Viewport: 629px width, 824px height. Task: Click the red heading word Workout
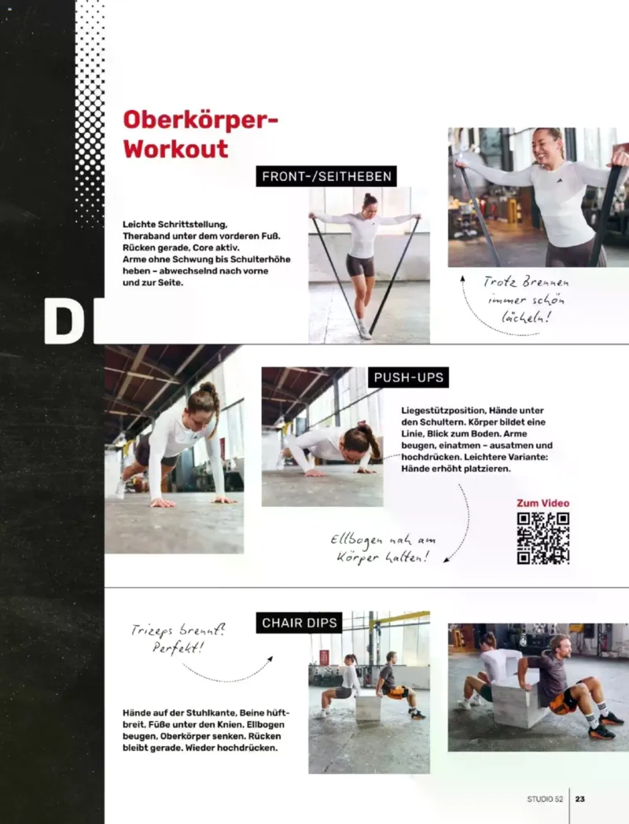(x=175, y=149)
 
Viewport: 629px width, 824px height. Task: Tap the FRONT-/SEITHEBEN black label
(x=326, y=176)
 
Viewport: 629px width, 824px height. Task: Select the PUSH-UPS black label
(x=408, y=377)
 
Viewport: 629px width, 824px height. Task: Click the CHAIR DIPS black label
(x=299, y=623)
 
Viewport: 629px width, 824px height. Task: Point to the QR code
(x=543, y=538)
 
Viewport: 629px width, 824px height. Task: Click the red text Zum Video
(x=543, y=503)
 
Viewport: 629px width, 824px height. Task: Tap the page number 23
(x=580, y=799)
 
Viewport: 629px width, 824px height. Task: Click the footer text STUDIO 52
(x=545, y=799)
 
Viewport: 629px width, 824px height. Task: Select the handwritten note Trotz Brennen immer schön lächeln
(x=525, y=300)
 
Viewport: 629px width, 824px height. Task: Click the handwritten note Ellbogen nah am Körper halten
(x=383, y=548)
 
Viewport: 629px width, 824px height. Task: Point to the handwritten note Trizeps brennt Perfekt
(x=178, y=638)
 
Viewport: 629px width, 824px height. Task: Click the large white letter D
(x=64, y=321)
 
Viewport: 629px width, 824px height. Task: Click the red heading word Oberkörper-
(x=200, y=120)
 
